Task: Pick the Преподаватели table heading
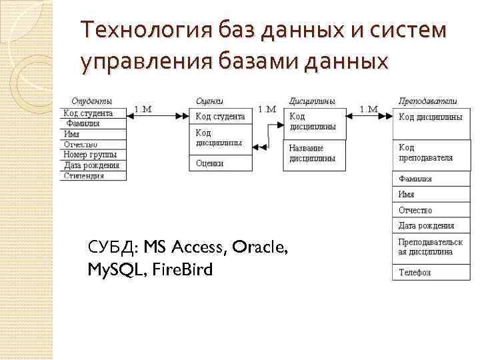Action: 427,101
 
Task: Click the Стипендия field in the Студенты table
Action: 84,176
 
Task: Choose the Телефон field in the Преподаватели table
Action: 415,272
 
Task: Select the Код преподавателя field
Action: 425,153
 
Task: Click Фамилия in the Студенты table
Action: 82,123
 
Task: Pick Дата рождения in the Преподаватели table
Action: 426,225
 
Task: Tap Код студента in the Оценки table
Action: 220,117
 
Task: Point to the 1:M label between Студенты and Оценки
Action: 144,109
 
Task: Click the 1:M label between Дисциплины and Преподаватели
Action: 369,109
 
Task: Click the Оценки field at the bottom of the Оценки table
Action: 210,163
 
